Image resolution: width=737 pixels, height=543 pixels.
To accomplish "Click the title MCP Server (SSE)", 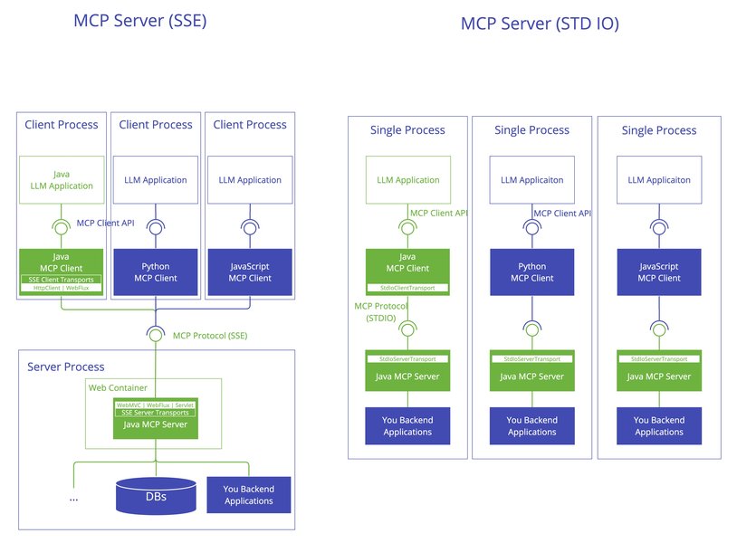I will [x=140, y=19].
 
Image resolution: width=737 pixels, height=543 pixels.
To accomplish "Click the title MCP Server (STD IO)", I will [x=540, y=24].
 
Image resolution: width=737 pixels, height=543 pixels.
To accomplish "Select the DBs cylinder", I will [x=156, y=496].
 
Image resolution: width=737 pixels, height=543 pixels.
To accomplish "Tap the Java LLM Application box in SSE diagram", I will [x=62, y=179].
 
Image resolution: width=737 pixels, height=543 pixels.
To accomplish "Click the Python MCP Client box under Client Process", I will [x=155, y=272].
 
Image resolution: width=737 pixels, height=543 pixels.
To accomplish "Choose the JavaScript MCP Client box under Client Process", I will [x=250, y=272].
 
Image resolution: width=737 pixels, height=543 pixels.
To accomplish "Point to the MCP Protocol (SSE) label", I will [x=210, y=336].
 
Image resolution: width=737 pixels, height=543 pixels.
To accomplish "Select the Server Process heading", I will [x=66, y=367].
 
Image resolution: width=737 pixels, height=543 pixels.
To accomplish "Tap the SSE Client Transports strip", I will [x=62, y=279].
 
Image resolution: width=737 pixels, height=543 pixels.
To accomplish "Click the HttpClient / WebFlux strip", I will [x=62, y=288].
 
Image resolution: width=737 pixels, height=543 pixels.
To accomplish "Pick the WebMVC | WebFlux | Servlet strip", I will [x=155, y=405].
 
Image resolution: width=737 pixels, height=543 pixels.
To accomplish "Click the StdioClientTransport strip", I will [x=407, y=288].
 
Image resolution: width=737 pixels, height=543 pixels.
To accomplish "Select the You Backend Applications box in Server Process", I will [x=249, y=495].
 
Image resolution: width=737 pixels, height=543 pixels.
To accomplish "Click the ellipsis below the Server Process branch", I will [x=73, y=498].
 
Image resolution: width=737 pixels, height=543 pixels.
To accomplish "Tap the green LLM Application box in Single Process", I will [x=407, y=179].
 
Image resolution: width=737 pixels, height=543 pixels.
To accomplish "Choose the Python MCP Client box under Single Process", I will [x=531, y=272].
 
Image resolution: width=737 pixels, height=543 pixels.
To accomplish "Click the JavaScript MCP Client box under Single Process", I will [x=658, y=272].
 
